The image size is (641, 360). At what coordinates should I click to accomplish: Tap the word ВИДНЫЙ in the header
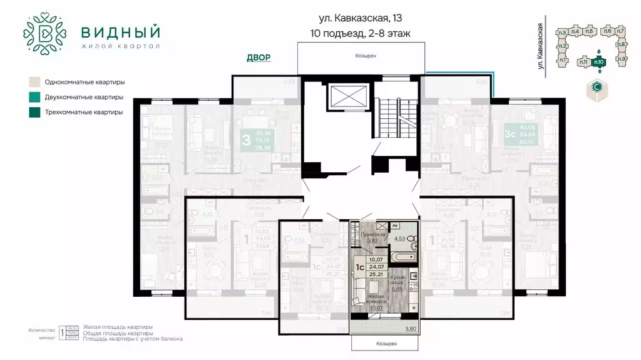pos(120,31)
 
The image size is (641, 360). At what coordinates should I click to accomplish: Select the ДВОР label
pos(259,58)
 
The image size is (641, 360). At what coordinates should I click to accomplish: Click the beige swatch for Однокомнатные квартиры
pos(34,82)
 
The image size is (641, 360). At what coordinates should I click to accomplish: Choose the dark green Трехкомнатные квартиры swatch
pos(34,112)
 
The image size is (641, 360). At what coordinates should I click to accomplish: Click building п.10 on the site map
pos(598,61)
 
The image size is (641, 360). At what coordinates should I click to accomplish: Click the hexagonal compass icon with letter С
pos(598,90)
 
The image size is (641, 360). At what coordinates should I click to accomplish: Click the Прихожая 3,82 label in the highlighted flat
pos(372,237)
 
